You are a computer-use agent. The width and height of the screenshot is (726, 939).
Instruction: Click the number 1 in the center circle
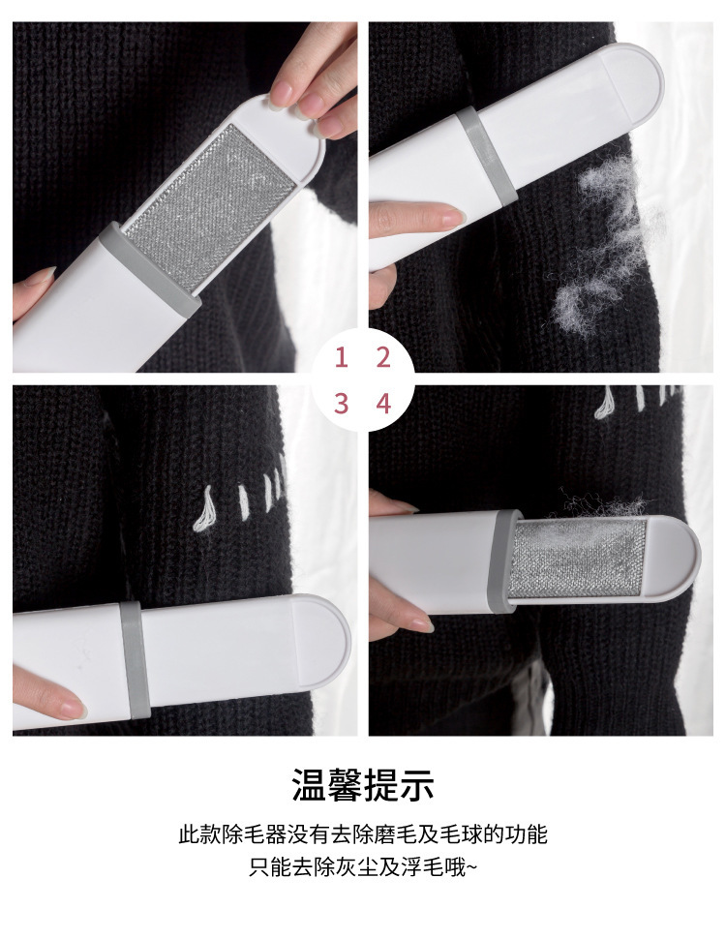[342, 357]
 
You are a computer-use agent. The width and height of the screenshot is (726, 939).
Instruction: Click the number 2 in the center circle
[383, 357]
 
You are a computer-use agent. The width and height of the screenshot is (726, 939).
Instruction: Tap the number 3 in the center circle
[342, 404]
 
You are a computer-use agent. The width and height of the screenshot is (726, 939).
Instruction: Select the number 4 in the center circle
[383, 404]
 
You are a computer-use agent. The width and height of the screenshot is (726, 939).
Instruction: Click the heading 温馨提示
[363, 785]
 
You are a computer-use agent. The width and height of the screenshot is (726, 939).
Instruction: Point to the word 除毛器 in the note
[254, 834]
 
